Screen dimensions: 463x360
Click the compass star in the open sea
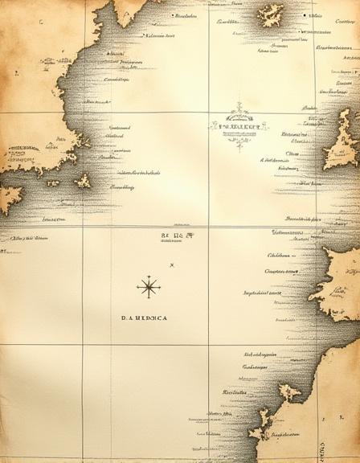(x=149, y=287)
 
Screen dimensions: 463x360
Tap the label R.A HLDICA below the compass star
(x=144, y=318)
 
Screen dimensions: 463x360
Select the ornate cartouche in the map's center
(x=239, y=125)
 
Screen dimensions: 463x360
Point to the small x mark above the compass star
(x=172, y=265)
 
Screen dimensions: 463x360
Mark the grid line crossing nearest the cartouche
(x=208, y=112)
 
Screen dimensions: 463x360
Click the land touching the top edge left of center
(x=129, y=8)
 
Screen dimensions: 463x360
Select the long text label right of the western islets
(x=139, y=172)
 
